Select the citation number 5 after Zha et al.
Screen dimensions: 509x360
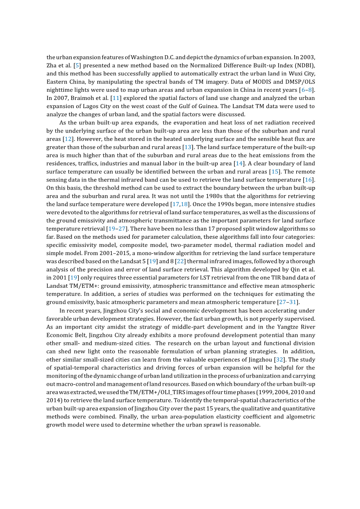(77, 65)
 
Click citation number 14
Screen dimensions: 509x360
(239, 163)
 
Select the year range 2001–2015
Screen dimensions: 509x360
(111, 253)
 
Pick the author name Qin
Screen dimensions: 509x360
(296, 269)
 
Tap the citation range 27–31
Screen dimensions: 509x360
(288, 302)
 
